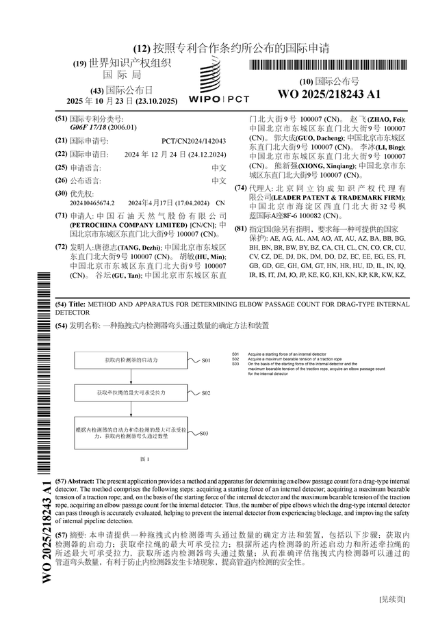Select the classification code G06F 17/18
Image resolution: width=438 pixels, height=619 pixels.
94,127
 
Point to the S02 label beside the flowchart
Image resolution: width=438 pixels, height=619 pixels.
206,394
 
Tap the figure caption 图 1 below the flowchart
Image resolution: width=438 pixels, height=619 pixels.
144,459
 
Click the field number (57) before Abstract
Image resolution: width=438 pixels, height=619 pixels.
62,482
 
